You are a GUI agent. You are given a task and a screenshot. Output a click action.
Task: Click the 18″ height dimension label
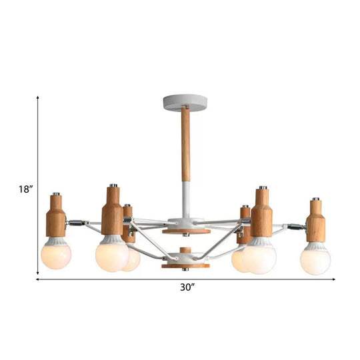[x=25, y=189]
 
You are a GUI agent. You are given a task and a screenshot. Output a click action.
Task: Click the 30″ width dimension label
[x=187, y=288]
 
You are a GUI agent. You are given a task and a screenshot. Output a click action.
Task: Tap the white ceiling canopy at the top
[x=185, y=103]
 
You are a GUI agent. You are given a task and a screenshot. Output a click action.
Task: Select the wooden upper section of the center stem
[x=185, y=147]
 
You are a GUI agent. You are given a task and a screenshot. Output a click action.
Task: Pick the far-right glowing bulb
[x=315, y=259]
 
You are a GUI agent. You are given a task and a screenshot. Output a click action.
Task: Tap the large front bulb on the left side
[x=111, y=256]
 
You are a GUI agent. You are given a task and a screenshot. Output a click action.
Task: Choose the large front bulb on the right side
[x=260, y=258]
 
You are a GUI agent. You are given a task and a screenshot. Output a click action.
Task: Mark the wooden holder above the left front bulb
[x=111, y=213]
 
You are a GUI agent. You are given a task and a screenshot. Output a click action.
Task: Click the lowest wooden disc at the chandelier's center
[x=185, y=265]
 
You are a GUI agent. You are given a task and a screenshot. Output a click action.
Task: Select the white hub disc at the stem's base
[x=185, y=223]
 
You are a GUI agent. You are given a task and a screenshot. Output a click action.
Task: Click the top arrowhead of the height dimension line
[x=37, y=98]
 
